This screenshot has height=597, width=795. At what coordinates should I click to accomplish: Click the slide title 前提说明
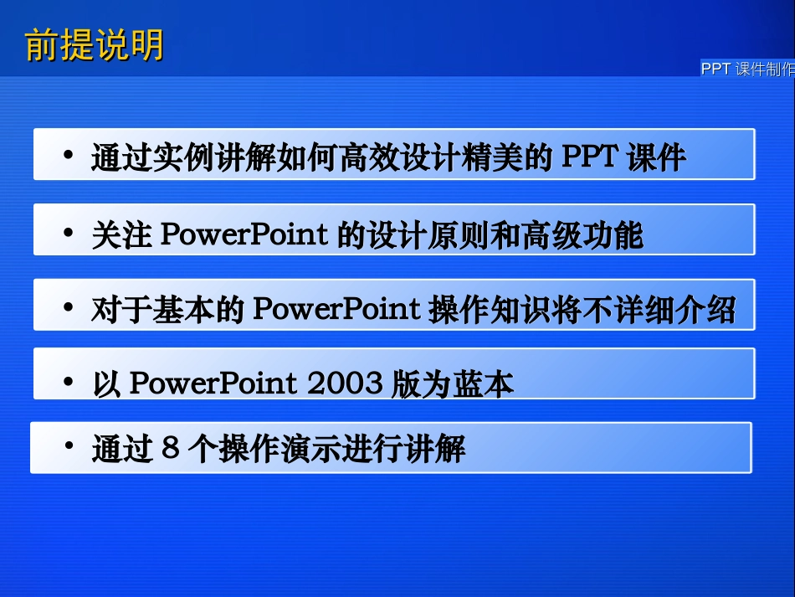pos(95,45)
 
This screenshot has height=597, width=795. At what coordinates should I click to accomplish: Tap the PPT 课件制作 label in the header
pos(747,69)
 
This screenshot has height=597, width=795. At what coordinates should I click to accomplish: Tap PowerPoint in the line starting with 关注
pos(243,234)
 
